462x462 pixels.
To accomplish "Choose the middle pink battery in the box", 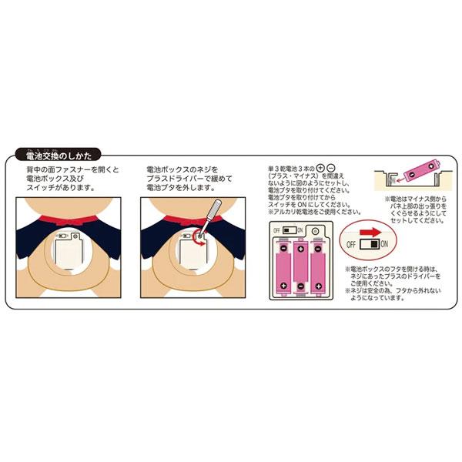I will [x=300, y=265].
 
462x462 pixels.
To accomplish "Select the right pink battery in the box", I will [x=316, y=265].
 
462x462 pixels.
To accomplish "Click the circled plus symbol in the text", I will [x=321, y=167].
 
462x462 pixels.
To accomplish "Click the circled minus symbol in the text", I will [x=330, y=167].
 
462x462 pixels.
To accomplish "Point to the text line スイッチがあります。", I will [x=59, y=186].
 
